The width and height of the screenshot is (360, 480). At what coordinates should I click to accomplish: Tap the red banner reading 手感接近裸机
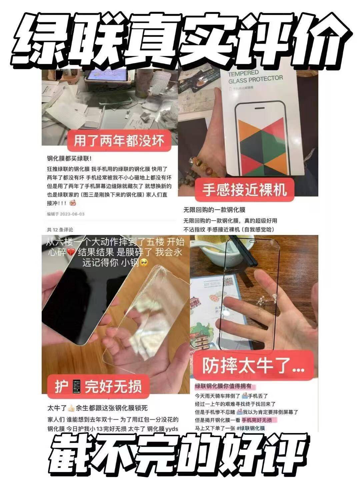pos(244,190)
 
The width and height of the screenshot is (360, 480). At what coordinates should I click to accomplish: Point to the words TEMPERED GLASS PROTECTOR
pos(255,77)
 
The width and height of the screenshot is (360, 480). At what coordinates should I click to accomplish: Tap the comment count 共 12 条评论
pos(60,230)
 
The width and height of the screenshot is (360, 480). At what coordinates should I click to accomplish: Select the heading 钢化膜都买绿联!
pos(69,159)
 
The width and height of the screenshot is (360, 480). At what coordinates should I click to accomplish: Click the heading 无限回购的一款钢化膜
pos(214,210)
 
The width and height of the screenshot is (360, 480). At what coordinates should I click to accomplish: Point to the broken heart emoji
pos(71,252)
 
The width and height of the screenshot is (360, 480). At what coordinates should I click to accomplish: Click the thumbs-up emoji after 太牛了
pos(71,408)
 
